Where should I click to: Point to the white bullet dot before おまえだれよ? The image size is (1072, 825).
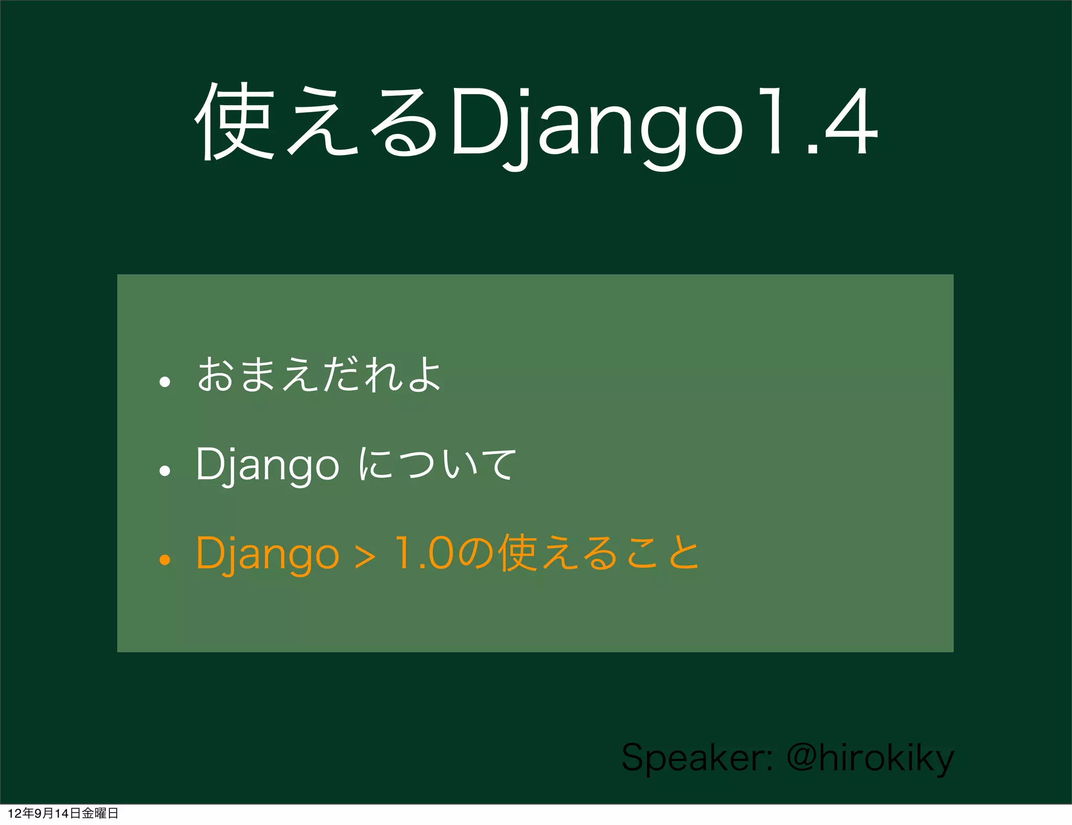click(x=165, y=382)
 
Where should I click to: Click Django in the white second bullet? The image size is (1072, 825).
click(x=267, y=464)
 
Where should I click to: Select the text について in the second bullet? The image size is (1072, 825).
click(x=438, y=464)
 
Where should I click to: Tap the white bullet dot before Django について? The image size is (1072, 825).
click(x=165, y=471)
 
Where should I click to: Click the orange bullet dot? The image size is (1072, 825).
click(x=165, y=560)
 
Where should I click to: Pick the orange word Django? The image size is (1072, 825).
click(x=267, y=554)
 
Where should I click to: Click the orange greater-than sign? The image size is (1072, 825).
click(x=365, y=557)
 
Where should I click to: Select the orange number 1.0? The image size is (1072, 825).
click(x=424, y=553)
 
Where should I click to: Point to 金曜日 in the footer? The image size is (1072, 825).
click(x=100, y=813)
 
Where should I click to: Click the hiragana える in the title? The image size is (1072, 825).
click(x=361, y=123)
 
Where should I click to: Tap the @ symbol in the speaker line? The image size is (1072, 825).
click(x=801, y=757)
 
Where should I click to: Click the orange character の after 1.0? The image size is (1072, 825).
click(x=476, y=554)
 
